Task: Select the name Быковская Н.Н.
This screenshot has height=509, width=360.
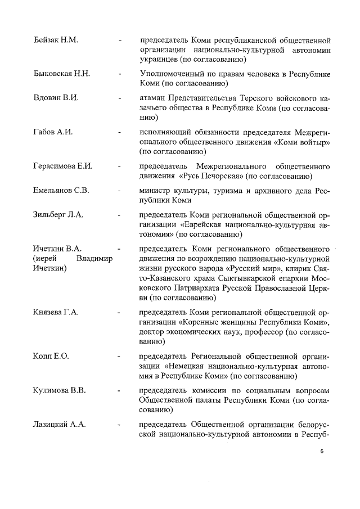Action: pyautogui.click(x=62, y=74)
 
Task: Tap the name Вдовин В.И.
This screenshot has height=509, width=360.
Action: pyautogui.click(x=56, y=98)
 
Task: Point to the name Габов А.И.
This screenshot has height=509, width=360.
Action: pyautogui.click(x=53, y=132)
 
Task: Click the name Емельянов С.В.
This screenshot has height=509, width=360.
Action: pyautogui.click(x=61, y=190)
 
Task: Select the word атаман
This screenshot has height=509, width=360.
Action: pyautogui.click(x=154, y=98)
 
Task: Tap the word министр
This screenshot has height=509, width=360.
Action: pyautogui.click(x=157, y=190)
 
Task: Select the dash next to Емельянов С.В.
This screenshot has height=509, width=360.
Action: pyautogui.click(x=119, y=190)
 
